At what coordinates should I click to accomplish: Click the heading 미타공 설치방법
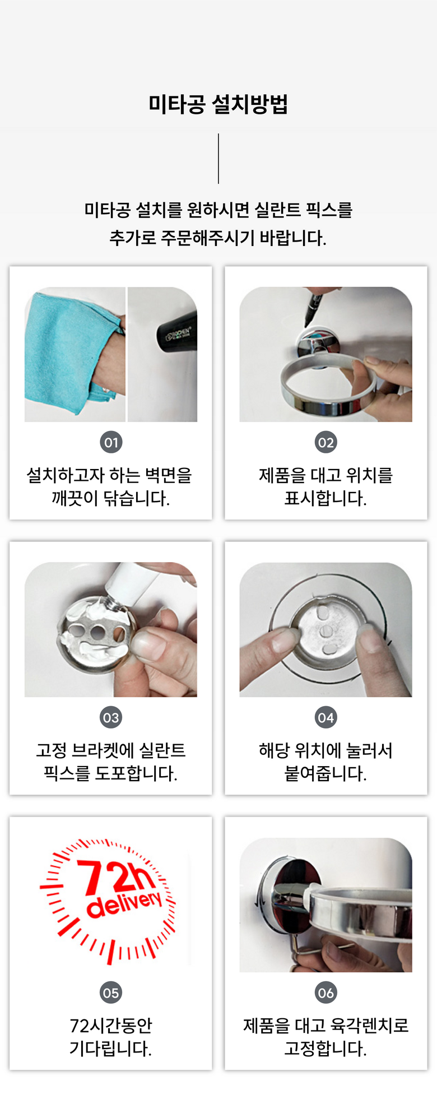pyautogui.click(x=218, y=104)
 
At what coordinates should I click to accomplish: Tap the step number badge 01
pyautogui.click(x=111, y=442)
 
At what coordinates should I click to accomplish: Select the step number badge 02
pyautogui.click(x=326, y=442)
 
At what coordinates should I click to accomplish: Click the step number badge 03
pyautogui.click(x=111, y=717)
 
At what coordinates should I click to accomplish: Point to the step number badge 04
pyautogui.click(x=326, y=717)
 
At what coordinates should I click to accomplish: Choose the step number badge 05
pyautogui.click(x=111, y=992)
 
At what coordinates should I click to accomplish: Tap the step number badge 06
pyautogui.click(x=326, y=992)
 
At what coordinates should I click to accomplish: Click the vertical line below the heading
pyautogui.click(x=218, y=159)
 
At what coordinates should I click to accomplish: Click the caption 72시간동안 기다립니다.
pyautogui.click(x=111, y=1037)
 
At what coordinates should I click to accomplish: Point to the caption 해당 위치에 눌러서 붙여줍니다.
pyautogui.click(x=326, y=762)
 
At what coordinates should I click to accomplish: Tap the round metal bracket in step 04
pyautogui.click(x=326, y=630)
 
